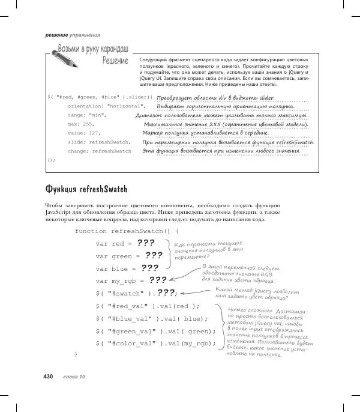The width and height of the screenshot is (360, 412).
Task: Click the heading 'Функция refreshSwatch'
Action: [86, 190]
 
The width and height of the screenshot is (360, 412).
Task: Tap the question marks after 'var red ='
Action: [145, 243]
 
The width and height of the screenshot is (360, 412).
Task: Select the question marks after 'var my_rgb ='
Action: [158, 280]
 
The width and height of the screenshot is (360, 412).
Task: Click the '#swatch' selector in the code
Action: [128, 293]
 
